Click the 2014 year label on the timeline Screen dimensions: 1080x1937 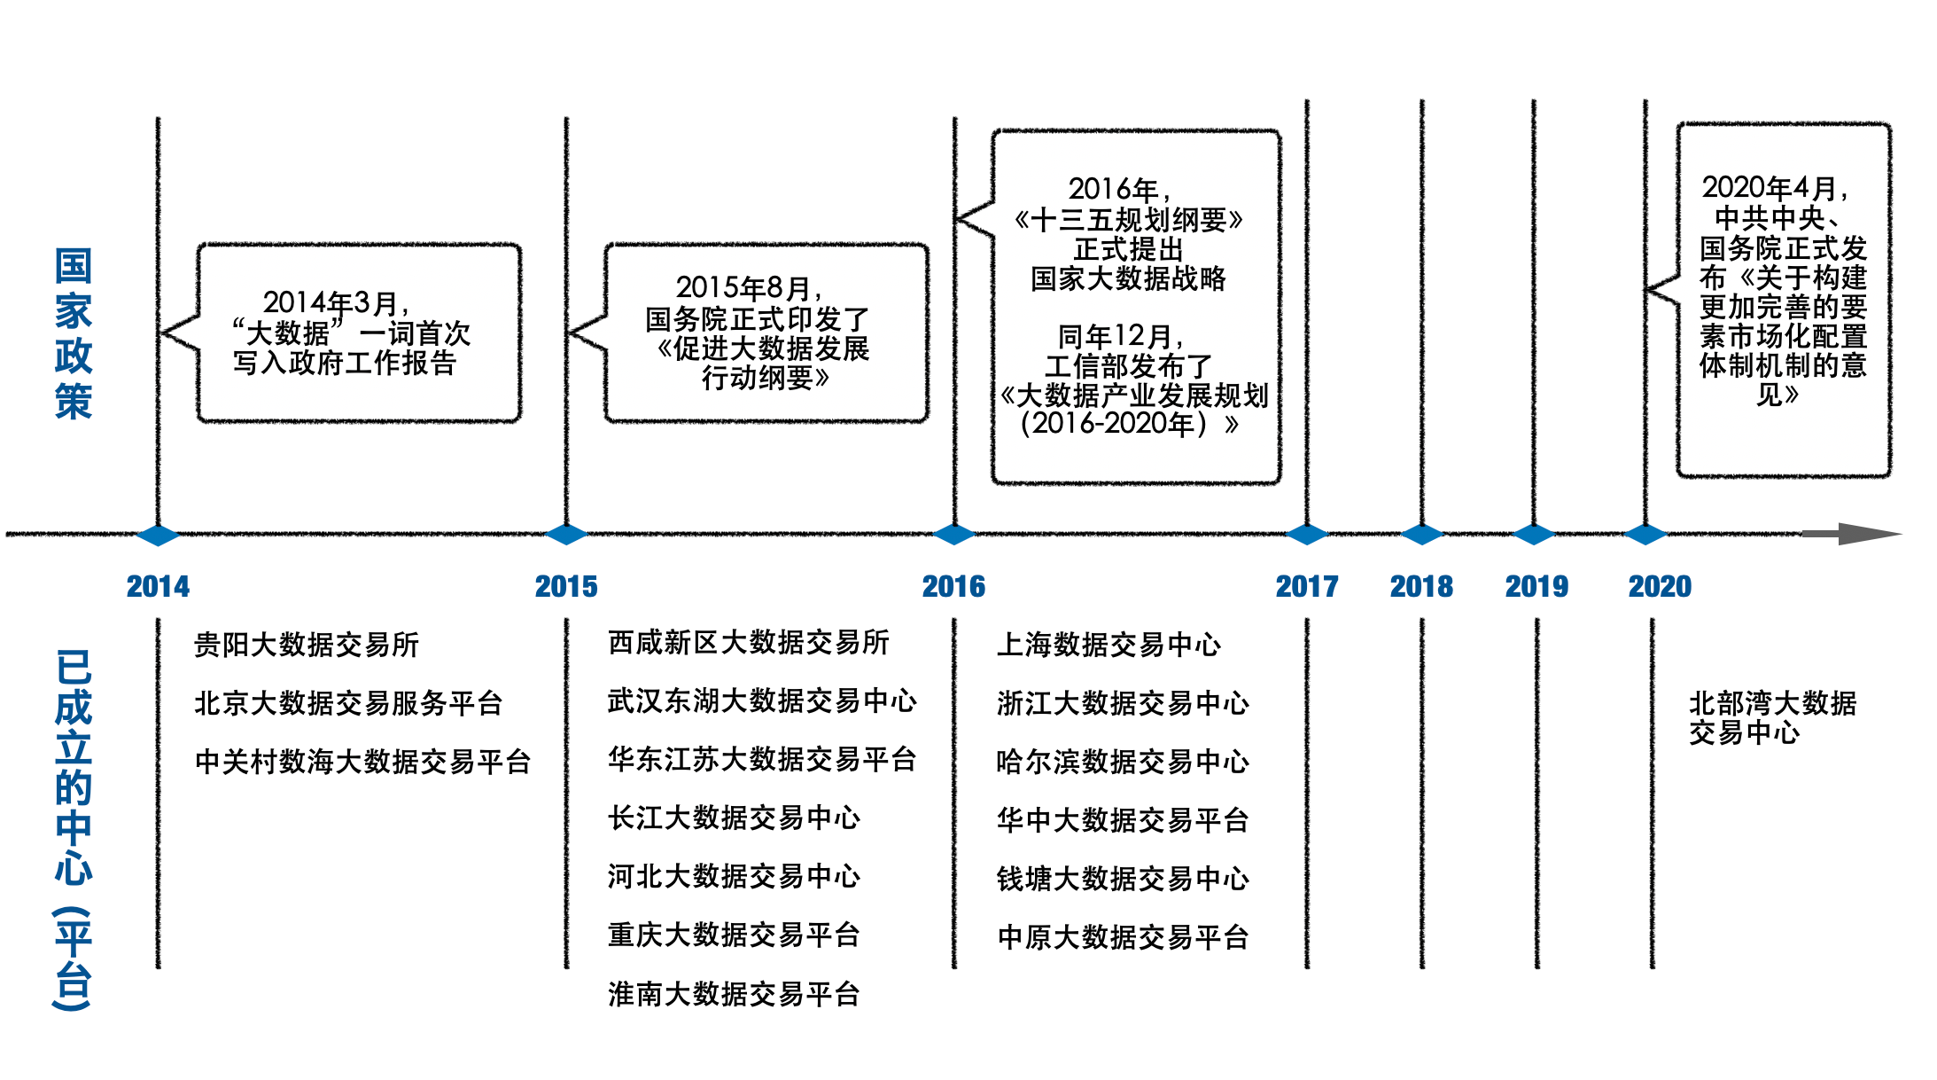click(x=158, y=586)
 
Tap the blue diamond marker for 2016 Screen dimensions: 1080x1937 click(x=954, y=535)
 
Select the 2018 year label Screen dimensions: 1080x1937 click(x=1421, y=586)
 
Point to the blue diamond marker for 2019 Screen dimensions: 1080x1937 click(x=1534, y=535)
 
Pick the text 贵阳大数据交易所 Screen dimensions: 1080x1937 click(x=306, y=645)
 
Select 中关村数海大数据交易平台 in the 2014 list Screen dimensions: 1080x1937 click(x=362, y=762)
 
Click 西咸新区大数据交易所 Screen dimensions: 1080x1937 click(x=748, y=643)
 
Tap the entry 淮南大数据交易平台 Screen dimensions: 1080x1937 click(x=734, y=994)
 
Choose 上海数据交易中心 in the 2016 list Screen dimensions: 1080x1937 click(x=1109, y=645)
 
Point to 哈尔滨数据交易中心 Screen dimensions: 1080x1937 click(x=1122, y=762)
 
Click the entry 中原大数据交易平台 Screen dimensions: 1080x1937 click(x=1123, y=937)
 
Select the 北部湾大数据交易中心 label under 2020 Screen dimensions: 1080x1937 click(x=1771, y=717)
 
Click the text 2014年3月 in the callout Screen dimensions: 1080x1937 click(x=334, y=303)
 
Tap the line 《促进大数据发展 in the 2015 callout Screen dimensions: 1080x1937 click(x=763, y=348)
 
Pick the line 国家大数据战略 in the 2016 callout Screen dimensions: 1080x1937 click(x=1128, y=278)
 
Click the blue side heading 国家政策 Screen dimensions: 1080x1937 click(x=73, y=333)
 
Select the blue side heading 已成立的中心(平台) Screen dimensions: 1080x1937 click(x=73, y=829)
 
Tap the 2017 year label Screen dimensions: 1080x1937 click(x=1306, y=586)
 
